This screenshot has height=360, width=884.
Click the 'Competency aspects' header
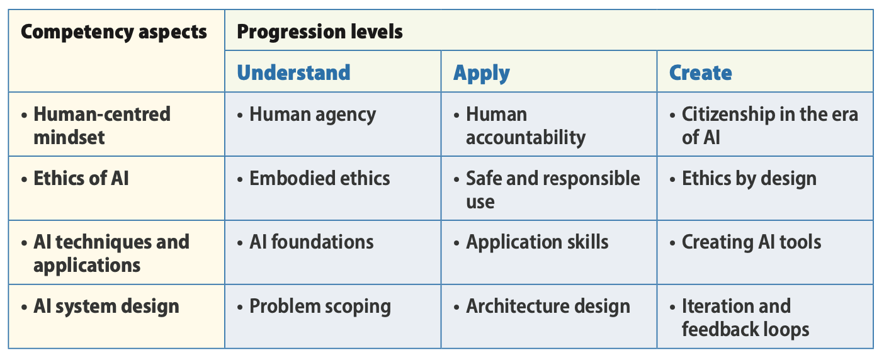coord(114,32)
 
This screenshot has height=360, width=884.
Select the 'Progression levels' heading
coord(320,31)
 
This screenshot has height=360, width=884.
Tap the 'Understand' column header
coord(293,72)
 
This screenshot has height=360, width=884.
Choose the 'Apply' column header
coord(481,73)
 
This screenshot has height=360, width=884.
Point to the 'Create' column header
coord(700,72)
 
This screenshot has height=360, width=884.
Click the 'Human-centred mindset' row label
coord(101,125)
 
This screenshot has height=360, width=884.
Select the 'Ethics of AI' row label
coord(81,178)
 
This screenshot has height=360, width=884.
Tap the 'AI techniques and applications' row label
coord(111,253)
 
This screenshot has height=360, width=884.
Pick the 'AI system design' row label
coord(106,307)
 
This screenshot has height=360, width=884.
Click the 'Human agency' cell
coord(312,115)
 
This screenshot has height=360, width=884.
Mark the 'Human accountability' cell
coord(525,125)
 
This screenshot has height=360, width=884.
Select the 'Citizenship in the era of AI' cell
coord(769,125)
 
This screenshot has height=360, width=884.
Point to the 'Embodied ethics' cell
coord(319,178)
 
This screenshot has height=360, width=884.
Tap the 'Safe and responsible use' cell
coord(552,189)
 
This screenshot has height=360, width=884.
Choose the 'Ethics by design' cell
coord(749,178)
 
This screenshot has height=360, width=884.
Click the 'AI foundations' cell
coord(311,242)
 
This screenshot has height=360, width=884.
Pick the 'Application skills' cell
coord(536,242)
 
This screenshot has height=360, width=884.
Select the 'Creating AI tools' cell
coord(751,242)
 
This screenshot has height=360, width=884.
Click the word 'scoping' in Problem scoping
coord(356,307)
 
